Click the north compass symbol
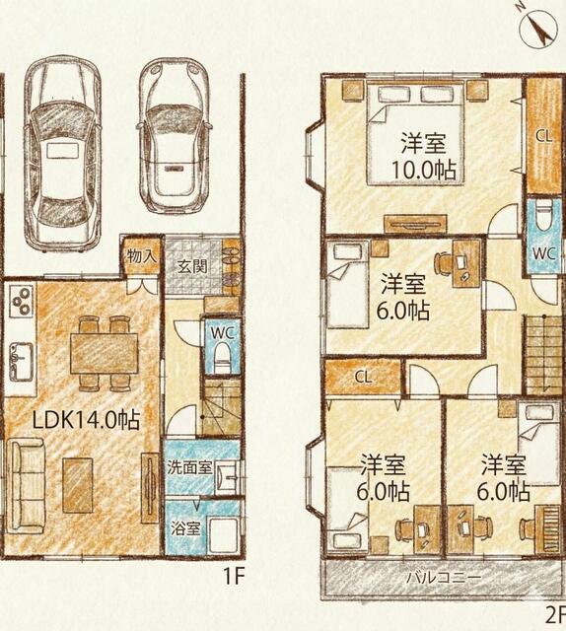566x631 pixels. (x=538, y=28)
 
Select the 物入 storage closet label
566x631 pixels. (x=142, y=256)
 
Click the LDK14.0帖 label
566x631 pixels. (x=86, y=421)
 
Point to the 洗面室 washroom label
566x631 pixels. (x=189, y=468)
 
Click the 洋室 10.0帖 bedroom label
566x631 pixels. (x=423, y=158)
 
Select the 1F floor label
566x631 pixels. (x=234, y=577)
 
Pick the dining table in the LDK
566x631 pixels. (x=105, y=353)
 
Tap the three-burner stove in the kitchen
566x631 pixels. (x=21, y=301)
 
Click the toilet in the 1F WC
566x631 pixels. (x=222, y=357)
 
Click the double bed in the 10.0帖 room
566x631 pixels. (x=415, y=135)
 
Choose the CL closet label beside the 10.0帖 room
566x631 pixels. (x=543, y=136)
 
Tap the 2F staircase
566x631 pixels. (x=543, y=354)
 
